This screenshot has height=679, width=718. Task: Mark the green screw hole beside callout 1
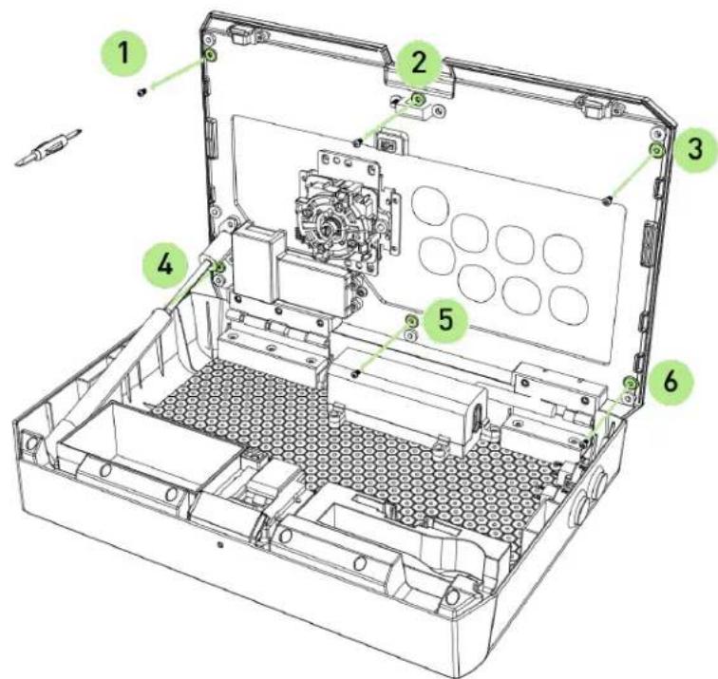[211, 56]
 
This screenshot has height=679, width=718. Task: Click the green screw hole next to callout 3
[654, 149]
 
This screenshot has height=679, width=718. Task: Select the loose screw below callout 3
[606, 198]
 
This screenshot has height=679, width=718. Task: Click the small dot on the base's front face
[220, 547]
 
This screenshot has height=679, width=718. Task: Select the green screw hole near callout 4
[219, 267]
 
